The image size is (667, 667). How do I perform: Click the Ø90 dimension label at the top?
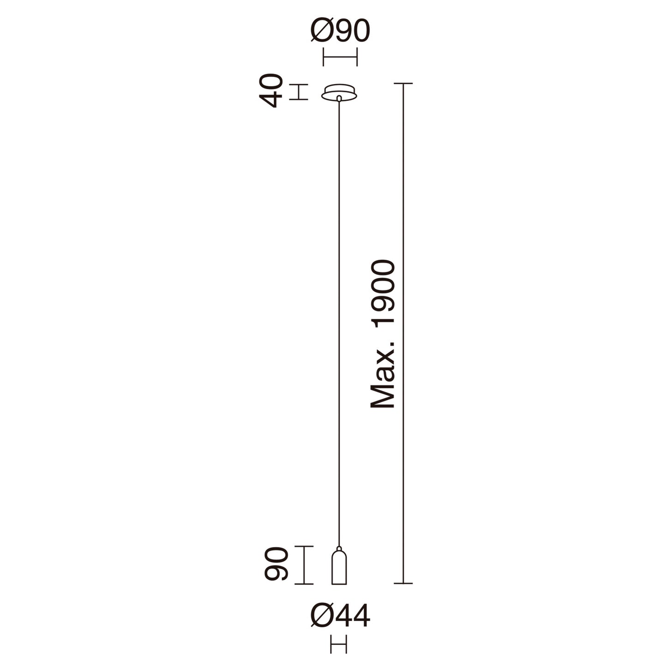click(340, 31)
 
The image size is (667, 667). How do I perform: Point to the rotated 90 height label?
click(276, 568)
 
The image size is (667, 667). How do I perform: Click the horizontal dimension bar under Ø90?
click(340, 57)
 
